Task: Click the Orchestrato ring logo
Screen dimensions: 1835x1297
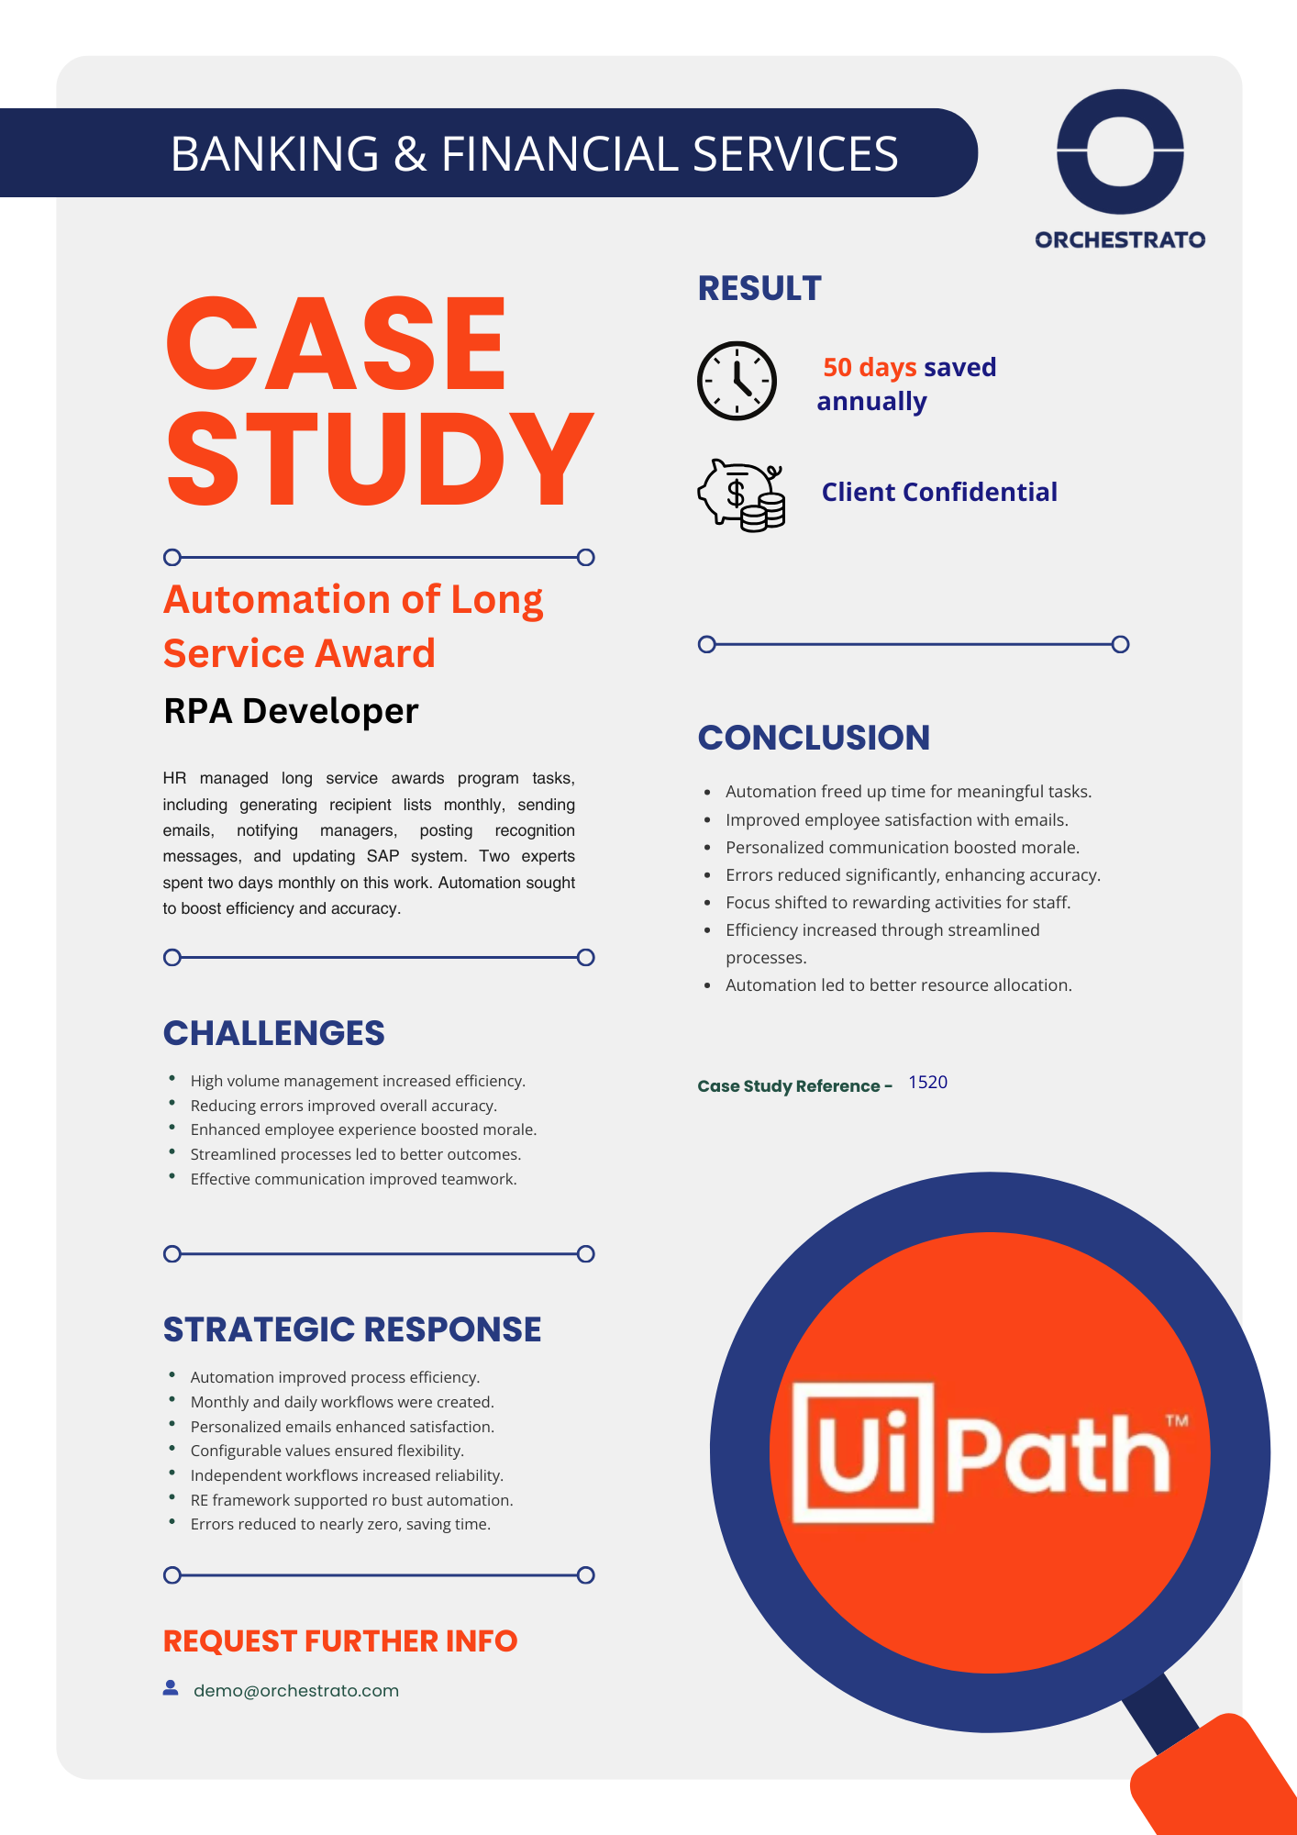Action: [x=1120, y=151]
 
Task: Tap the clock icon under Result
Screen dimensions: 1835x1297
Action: [x=737, y=381]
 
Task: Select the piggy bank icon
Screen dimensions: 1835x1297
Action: [x=741, y=495]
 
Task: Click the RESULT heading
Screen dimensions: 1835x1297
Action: [x=759, y=289]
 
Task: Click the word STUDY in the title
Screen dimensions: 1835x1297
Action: [x=379, y=459]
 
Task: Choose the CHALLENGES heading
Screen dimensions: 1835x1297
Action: [x=273, y=1033]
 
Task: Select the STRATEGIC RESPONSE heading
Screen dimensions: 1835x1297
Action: [x=352, y=1329]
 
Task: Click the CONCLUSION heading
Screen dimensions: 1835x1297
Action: [x=814, y=738]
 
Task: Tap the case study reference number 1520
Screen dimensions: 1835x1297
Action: [x=927, y=1083]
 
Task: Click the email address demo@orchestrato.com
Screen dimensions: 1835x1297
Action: [x=296, y=1690]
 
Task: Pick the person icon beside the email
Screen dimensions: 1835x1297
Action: [x=171, y=1688]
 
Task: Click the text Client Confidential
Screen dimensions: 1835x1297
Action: [x=939, y=493]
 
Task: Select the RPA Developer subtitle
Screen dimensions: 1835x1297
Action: [x=291, y=711]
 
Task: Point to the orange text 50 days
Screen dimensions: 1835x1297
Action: [x=870, y=367]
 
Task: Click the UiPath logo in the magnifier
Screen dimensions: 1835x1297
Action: [x=989, y=1452]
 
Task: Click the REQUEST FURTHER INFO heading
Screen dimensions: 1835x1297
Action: [x=340, y=1640]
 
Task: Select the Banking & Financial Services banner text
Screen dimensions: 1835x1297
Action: [x=534, y=153]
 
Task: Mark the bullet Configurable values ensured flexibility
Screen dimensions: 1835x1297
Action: [x=327, y=1451]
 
